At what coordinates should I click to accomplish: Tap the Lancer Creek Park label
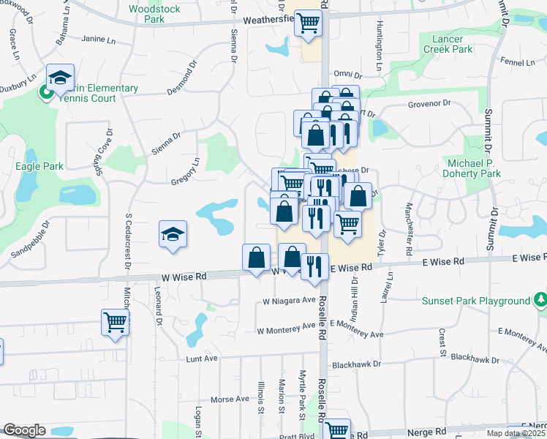(x=448, y=44)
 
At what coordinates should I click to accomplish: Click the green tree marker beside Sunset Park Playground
(x=540, y=299)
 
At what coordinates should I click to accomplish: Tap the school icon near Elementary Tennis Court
(x=61, y=78)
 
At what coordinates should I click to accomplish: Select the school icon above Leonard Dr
(x=173, y=234)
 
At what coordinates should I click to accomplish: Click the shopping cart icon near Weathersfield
(x=308, y=23)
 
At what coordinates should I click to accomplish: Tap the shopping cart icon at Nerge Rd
(x=337, y=430)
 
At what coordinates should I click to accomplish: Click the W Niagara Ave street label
(x=288, y=301)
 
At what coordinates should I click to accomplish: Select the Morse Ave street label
(x=230, y=399)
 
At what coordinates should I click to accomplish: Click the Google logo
(x=24, y=430)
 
